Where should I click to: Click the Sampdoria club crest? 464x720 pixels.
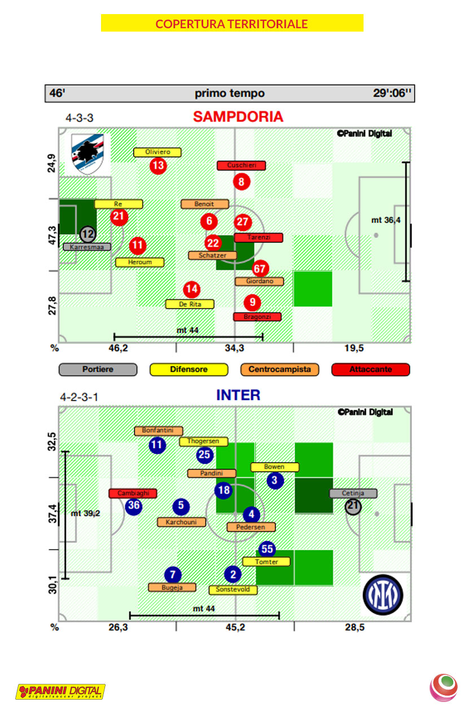(x=87, y=153)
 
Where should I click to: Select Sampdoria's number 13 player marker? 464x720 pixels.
(x=159, y=165)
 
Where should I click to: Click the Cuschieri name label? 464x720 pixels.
(x=242, y=165)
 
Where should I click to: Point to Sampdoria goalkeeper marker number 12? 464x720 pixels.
(x=87, y=234)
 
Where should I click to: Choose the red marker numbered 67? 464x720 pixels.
(x=260, y=269)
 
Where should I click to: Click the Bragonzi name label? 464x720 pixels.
(x=257, y=317)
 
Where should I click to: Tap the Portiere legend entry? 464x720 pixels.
(x=98, y=370)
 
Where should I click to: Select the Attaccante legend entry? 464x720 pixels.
(x=370, y=370)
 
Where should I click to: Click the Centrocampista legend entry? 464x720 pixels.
(x=279, y=370)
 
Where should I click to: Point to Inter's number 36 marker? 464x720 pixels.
(x=133, y=506)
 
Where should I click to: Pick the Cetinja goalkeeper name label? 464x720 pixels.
(x=353, y=493)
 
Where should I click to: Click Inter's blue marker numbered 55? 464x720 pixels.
(x=267, y=549)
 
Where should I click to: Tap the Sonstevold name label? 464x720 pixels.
(x=233, y=590)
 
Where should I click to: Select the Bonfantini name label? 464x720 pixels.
(x=159, y=431)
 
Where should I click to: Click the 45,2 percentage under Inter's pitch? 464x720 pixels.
(x=235, y=627)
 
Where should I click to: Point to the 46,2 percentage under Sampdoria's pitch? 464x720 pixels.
(x=118, y=348)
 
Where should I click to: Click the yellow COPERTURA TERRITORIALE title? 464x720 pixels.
(x=232, y=23)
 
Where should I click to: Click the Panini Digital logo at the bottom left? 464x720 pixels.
(x=60, y=691)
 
